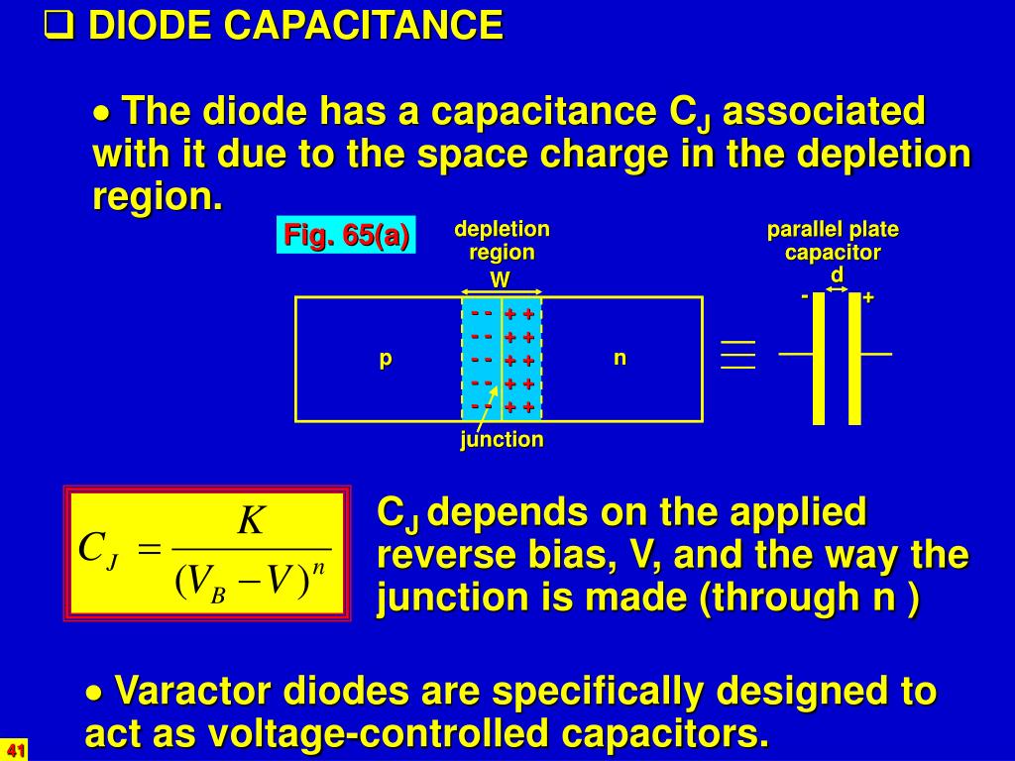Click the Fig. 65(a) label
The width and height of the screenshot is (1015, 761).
click(346, 236)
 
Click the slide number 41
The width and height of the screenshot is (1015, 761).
click(14, 749)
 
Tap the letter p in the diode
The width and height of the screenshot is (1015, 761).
click(386, 358)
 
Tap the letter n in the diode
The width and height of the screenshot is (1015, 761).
click(620, 358)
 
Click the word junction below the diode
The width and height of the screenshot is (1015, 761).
click(502, 439)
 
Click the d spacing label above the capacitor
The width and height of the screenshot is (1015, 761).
click(837, 273)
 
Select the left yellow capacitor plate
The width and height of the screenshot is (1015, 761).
click(819, 358)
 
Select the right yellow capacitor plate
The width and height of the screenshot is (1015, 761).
click(854, 358)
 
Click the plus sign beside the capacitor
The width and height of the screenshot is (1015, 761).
click(868, 297)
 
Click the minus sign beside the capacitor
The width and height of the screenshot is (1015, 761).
click(805, 296)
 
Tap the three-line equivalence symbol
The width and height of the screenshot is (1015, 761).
click(738, 355)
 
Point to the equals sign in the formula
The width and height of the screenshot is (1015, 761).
click(150, 548)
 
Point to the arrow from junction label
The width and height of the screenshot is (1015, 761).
click(487, 406)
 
